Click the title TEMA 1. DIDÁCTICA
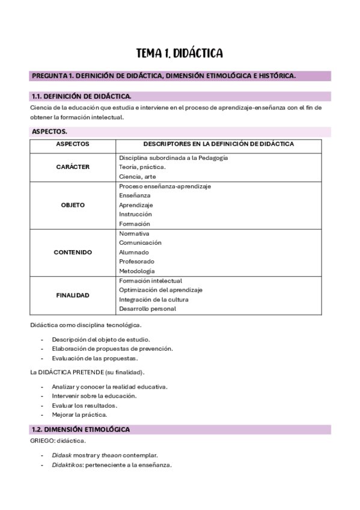tap(180, 54)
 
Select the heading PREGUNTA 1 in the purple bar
tap(163, 76)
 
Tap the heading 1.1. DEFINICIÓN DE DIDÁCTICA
tap(81, 96)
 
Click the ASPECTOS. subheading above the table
tap(49, 131)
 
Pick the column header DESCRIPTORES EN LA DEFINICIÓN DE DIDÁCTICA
tap(218, 144)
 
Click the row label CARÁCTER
tap(73, 167)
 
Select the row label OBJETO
tap(73, 205)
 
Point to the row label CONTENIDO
tap(73, 253)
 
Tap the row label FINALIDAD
tap(73, 295)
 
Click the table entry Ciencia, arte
tap(137, 177)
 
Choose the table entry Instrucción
tap(135, 214)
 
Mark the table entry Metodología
tap(136, 271)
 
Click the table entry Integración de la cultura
tap(153, 300)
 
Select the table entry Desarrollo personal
tap(147, 309)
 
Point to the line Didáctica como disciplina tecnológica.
tap(85, 325)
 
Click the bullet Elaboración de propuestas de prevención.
tap(112, 349)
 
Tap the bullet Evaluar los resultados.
tap(84, 405)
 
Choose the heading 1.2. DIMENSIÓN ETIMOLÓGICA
tap(80, 429)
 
